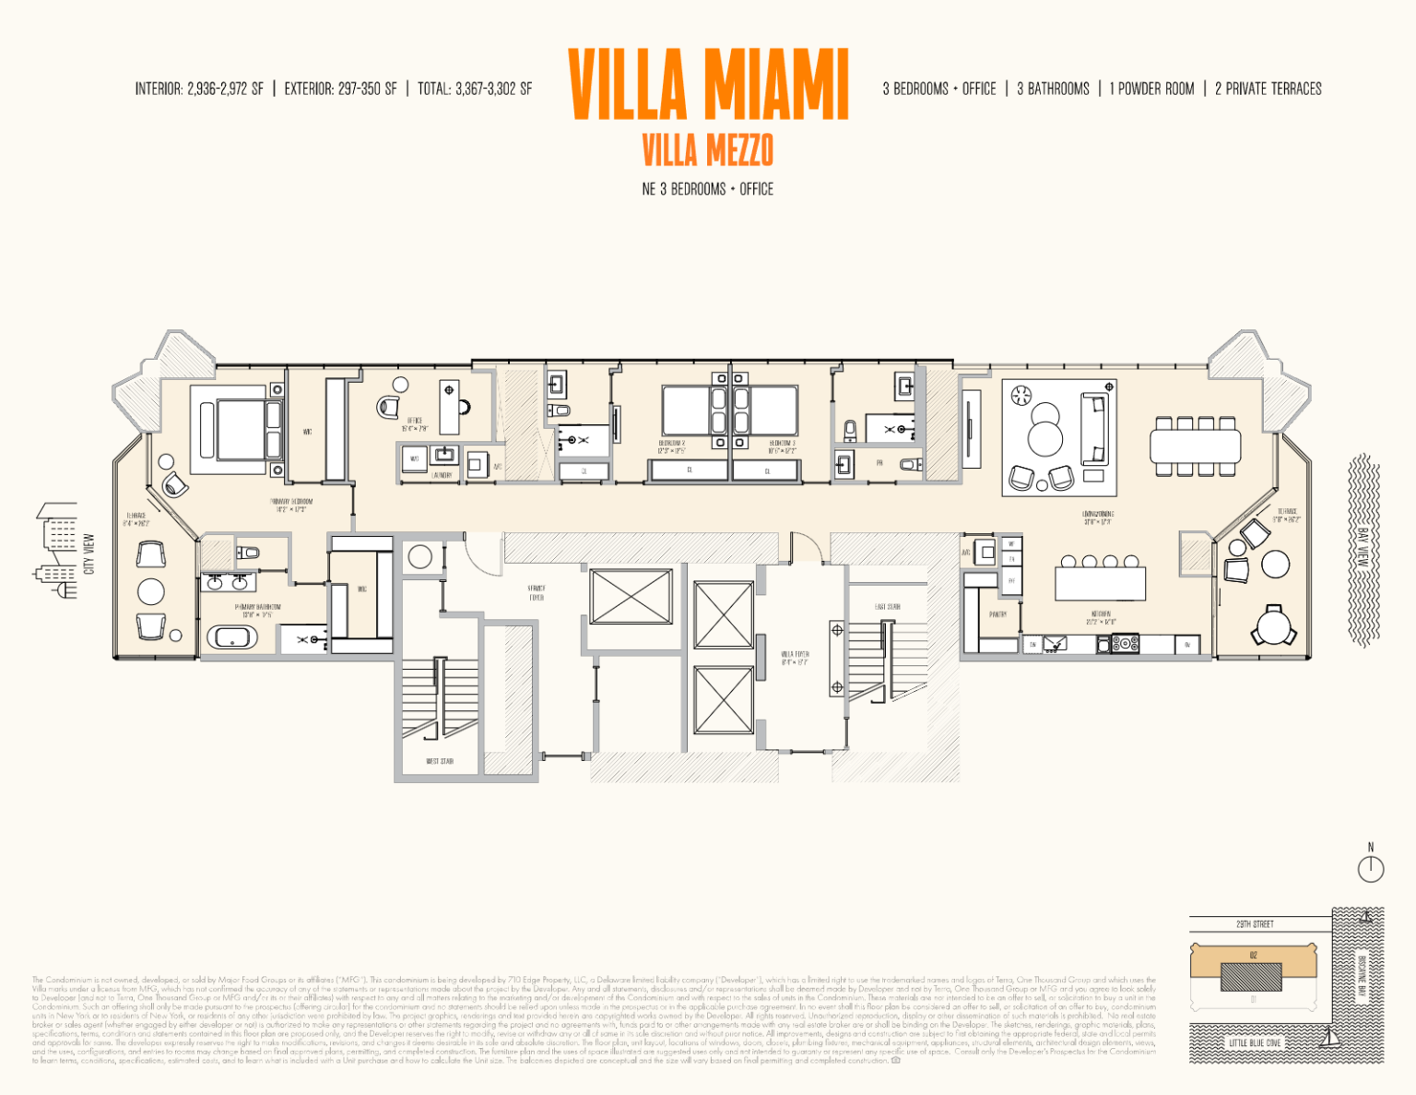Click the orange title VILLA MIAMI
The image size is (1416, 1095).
[x=708, y=85]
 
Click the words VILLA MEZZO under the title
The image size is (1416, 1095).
[x=707, y=149]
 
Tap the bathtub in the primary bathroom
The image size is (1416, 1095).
[x=231, y=637]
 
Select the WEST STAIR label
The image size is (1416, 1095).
[x=440, y=761]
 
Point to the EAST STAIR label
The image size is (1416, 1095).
[x=887, y=607]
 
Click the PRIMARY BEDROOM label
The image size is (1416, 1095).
[x=291, y=505]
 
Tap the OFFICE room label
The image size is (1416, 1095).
[x=415, y=424]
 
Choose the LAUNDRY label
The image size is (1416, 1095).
[x=442, y=475]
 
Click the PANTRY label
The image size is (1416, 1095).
[x=997, y=613]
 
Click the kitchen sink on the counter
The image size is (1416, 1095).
[x=1056, y=644]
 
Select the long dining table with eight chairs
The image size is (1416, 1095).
[x=1196, y=446]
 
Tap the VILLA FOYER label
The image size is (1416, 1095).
[x=795, y=658]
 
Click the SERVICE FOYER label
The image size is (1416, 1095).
[x=537, y=592]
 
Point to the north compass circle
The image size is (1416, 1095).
[x=1371, y=868]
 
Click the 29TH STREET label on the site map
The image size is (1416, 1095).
[x=1255, y=923]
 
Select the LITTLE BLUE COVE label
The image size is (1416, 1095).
[x=1255, y=1042]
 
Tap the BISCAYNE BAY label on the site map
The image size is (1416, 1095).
[x=1361, y=974]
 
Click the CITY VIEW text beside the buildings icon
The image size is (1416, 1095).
[x=89, y=553]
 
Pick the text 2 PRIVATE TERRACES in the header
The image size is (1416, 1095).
[x=1268, y=89]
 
